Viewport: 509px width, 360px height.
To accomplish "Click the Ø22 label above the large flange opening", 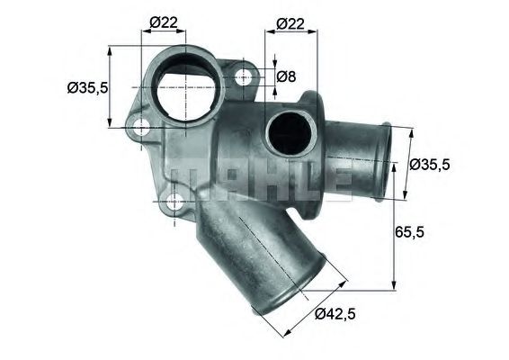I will [x=162, y=22].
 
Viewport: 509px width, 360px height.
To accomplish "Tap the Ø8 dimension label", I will [x=285, y=76].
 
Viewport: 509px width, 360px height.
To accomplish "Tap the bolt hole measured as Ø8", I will [x=244, y=79].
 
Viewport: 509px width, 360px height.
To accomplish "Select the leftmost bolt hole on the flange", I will [x=140, y=129].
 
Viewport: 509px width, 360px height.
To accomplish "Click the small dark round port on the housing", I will [x=287, y=132].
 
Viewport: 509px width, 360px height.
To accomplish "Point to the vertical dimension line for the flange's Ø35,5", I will [x=111, y=87].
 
